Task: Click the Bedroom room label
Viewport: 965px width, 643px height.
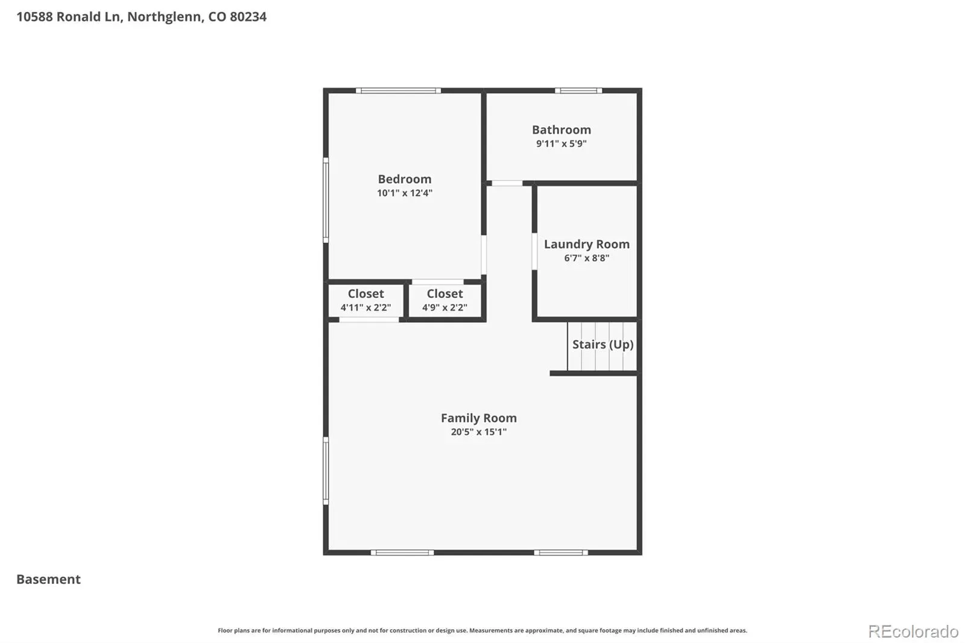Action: [x=405, y=179]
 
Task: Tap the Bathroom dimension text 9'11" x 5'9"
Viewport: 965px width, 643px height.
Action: [x=562, y=144]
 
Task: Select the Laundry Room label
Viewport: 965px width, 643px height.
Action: [x=587, y=244]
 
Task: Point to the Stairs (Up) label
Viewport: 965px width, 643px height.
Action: [x=603, y=344]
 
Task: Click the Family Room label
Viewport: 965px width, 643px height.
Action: [x=479, y=418]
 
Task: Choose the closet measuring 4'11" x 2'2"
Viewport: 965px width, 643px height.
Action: [x=365, y=300]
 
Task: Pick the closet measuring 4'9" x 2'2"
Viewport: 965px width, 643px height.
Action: [x=445, y=300]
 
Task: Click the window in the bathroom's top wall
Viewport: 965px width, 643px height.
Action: [x=578, y=90]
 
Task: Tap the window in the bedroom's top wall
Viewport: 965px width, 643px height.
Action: [x=399, y=90]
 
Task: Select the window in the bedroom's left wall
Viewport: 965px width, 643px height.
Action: [x=326, y=200]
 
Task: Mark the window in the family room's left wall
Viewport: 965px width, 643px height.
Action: [x=326, y=470]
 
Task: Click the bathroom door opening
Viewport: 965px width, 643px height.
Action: [x=507, y=183]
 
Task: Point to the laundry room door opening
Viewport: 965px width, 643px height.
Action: [x=534, y=252]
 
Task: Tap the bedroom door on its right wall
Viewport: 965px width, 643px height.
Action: [x=484, y=255]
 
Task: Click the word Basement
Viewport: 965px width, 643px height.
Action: [x=48, y=579]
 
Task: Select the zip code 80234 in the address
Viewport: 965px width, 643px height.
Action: [x=248, y=17]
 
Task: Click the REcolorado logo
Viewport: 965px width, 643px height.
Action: [x=913, y=632]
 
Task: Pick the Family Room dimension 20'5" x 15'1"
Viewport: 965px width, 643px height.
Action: [x=479, y=432]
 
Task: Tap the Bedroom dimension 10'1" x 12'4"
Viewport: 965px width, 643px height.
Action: [x=405, y=193]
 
